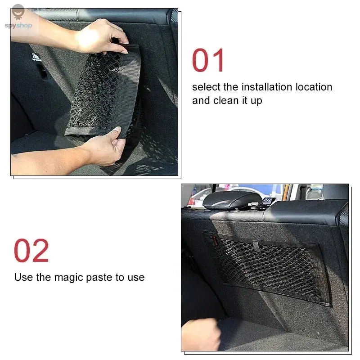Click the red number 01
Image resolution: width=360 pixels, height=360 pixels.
click(208, 61)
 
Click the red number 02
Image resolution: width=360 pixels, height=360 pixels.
click(31, 251)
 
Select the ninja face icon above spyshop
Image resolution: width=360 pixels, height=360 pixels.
click(18, 10)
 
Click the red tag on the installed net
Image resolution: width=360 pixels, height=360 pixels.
click(215, 242)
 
